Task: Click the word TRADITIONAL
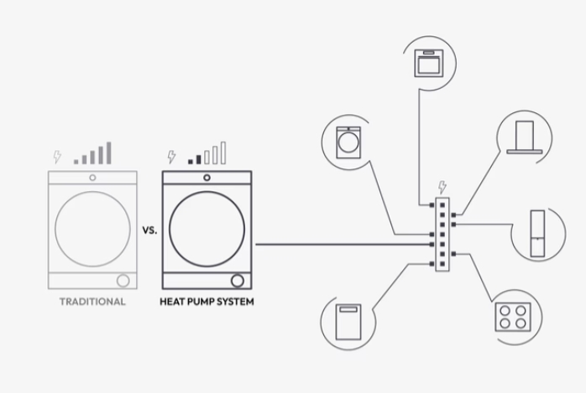pos(92,302)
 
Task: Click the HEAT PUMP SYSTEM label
pos(207,302)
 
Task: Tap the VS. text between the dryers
pos(148,227)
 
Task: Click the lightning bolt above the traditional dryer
pos(57,157)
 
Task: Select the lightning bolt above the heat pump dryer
pos(171,157)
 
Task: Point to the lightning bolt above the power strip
pos(442,187)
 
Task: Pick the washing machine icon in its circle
pos(347,142)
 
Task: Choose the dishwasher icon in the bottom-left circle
pos(346,321)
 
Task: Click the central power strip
pos(442,234)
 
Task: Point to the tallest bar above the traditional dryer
pos(107,152)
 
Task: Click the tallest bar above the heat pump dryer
pos(222,152)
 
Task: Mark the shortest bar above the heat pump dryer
pos(191,160)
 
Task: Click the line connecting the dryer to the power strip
pos(336,245)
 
